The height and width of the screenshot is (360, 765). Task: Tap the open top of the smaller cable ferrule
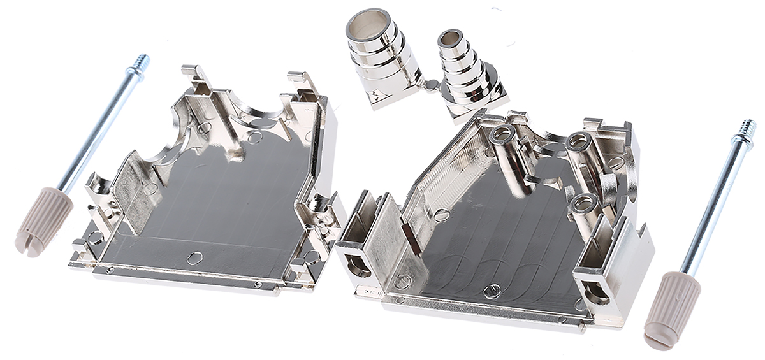tap(450, 38)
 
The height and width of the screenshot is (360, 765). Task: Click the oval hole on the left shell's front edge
tap(195, 257)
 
